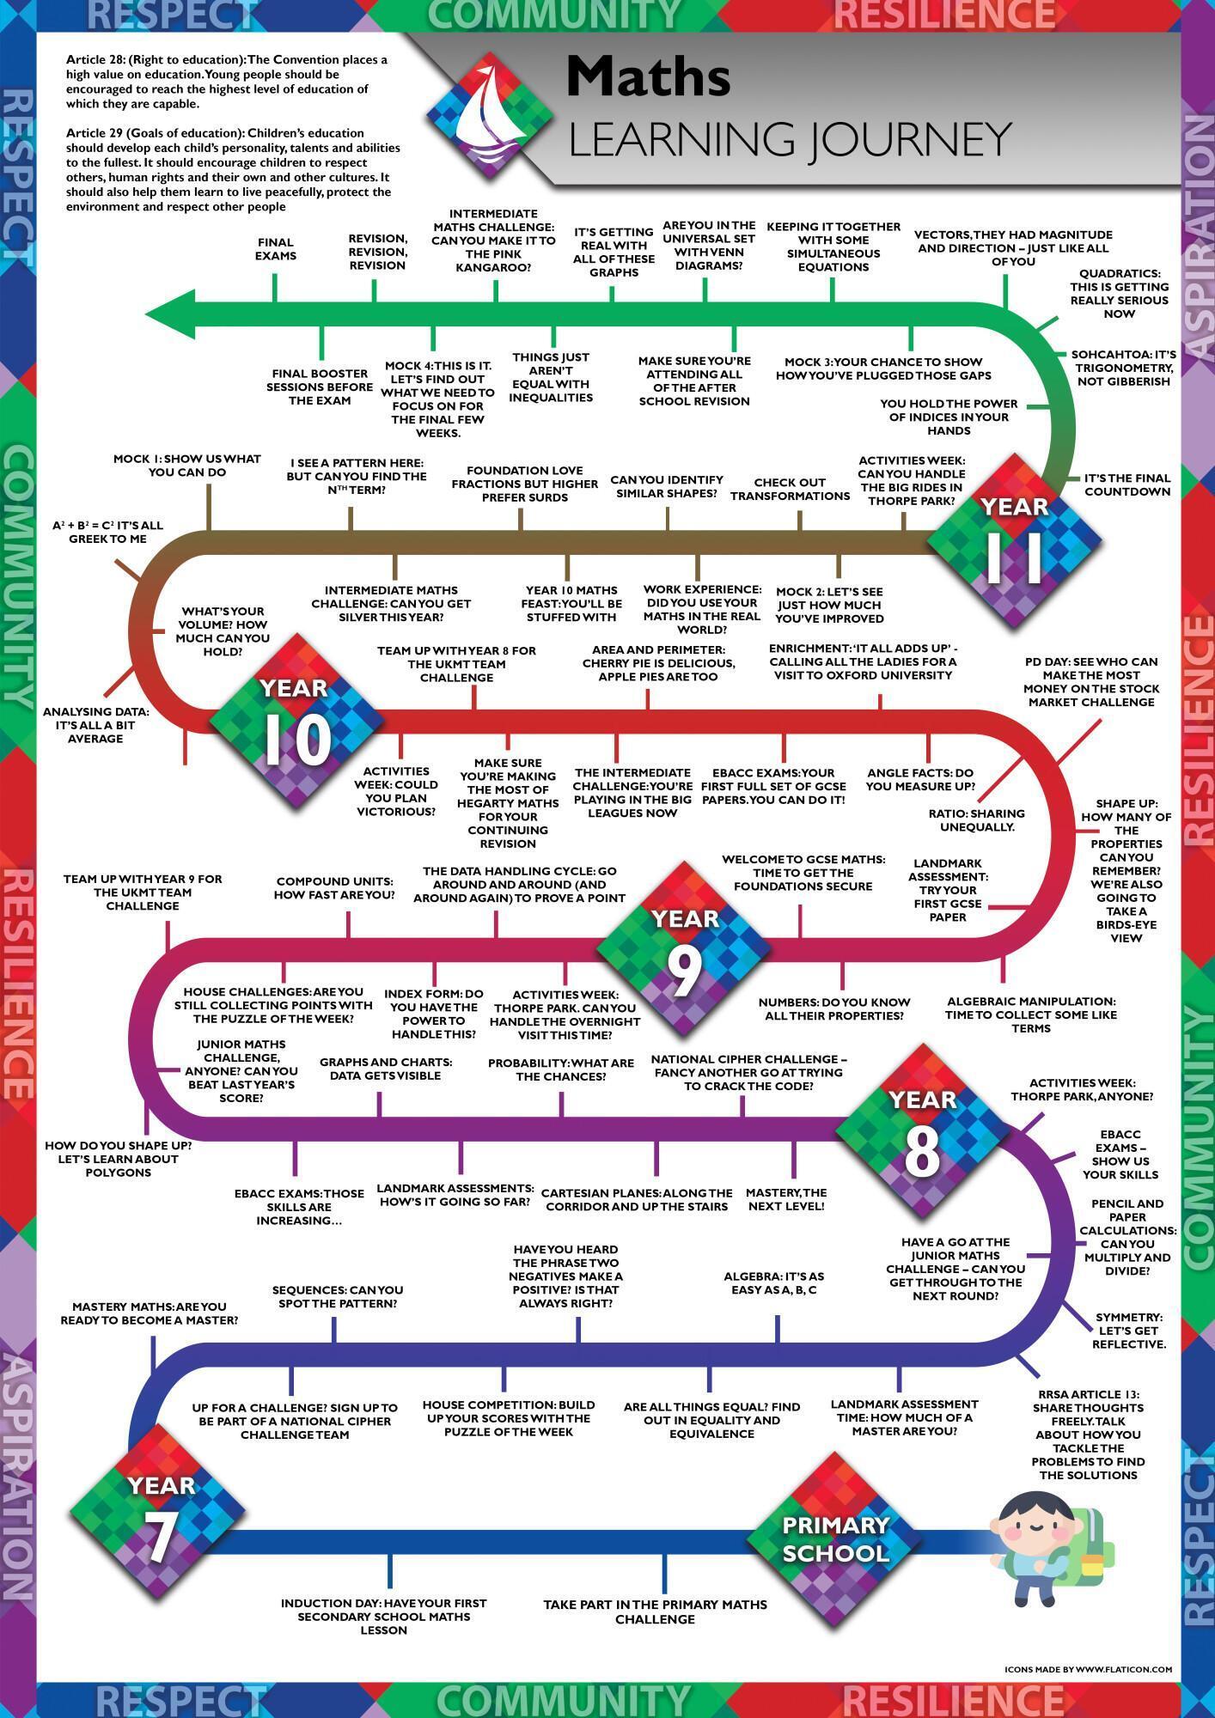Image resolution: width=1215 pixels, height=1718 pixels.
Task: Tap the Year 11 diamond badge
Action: pos(1014,542)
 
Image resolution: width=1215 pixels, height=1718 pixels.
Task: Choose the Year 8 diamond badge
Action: pos(922,1133)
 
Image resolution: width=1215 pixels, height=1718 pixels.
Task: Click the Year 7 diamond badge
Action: pos(158,1514)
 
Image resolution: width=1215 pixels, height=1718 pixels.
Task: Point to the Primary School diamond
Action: pos(835,1540)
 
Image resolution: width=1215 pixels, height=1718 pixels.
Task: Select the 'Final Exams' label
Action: pos(275,249)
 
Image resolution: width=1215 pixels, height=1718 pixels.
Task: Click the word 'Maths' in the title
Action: pos(649,77)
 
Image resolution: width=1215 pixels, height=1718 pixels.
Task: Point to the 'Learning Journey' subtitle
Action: pos(789,139)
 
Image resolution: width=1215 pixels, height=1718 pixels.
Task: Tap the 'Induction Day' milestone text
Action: pos(383,1616)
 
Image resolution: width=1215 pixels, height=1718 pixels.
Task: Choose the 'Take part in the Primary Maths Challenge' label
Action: pos(655,1611)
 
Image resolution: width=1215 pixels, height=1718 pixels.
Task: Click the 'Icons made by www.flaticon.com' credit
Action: pos(1088,1668)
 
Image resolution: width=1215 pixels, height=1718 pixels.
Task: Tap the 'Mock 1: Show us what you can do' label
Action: pos(186,466)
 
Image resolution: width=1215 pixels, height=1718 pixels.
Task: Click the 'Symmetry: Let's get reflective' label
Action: pos(1128,1330)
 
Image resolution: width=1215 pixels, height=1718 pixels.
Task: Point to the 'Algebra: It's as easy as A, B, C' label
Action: pos(773,1282)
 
